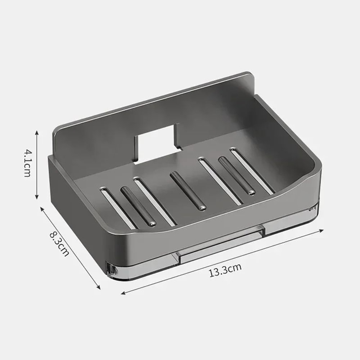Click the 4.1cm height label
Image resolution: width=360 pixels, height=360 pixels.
point(27,164)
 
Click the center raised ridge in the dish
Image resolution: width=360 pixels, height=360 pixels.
point(188,191)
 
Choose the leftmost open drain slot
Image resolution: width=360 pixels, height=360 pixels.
point(117,208)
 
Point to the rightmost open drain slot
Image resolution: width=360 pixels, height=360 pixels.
point(252,171)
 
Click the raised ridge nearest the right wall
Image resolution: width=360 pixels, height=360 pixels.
point(237,176)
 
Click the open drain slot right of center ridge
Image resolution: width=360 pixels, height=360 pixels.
point(220,181)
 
